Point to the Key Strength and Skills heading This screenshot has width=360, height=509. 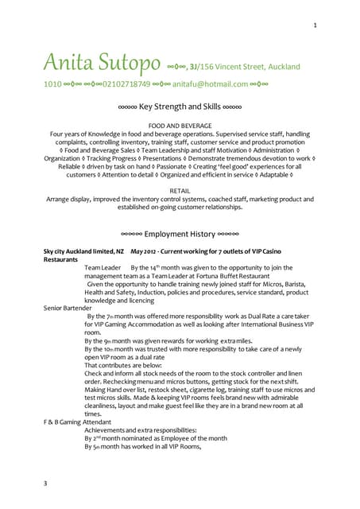pos(180,105)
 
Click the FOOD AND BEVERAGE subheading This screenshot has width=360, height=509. pos(180,126)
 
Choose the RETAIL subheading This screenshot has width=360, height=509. pos(180,191)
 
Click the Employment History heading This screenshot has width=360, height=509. pos(180,234)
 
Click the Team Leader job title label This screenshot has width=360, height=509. pos(103,268)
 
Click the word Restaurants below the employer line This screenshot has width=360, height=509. pos(60,260)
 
